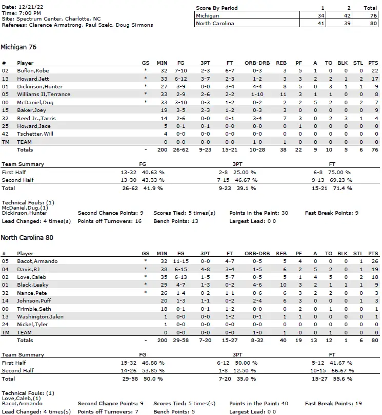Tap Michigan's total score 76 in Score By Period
tap(372, 16)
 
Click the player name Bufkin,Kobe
tap(33, 71)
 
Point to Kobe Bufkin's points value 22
tap(374, 71)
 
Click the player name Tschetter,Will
tap(35, 134)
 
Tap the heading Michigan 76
tap(18, 47)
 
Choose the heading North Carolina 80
tap(27, 238)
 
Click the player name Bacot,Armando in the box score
tap(37, 261)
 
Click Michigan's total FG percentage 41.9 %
tap(153, 188)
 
